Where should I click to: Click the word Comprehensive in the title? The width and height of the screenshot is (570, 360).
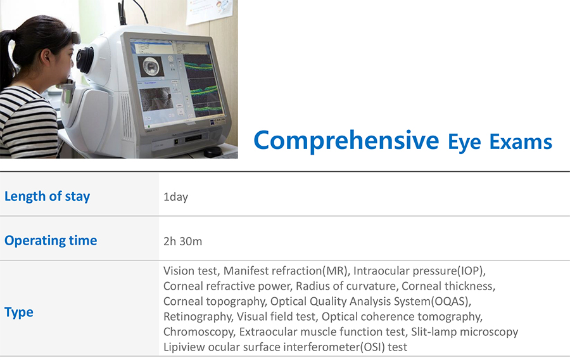tap(346, 141)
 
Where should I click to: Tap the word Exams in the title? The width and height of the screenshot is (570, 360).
tap(521, 142)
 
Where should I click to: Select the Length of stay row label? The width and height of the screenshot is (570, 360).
tap(47, 196)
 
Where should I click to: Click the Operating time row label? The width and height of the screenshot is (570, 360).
tap(51, 240)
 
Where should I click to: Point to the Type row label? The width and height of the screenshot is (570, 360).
tap(19, 312)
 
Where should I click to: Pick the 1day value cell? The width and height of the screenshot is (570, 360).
tap(175, 197)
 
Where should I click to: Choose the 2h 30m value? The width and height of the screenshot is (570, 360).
tap(182, 241)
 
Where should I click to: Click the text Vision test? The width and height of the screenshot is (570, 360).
tap(191, 271)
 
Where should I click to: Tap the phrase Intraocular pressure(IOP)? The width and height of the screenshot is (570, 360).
tap(419, 271)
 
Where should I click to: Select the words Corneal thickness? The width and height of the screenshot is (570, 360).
tap(448, 286)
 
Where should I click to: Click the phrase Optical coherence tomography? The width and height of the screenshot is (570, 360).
tap(402, 317)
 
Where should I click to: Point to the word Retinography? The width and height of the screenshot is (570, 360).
tap(198, 317)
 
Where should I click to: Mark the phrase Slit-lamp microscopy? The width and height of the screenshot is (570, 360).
tap(464, 332)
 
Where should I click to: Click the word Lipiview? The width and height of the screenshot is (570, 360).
tap(185, 347)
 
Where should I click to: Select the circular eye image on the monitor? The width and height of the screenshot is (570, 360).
tap(151, 66)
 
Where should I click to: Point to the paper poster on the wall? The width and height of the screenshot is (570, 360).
tap(210, 11)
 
